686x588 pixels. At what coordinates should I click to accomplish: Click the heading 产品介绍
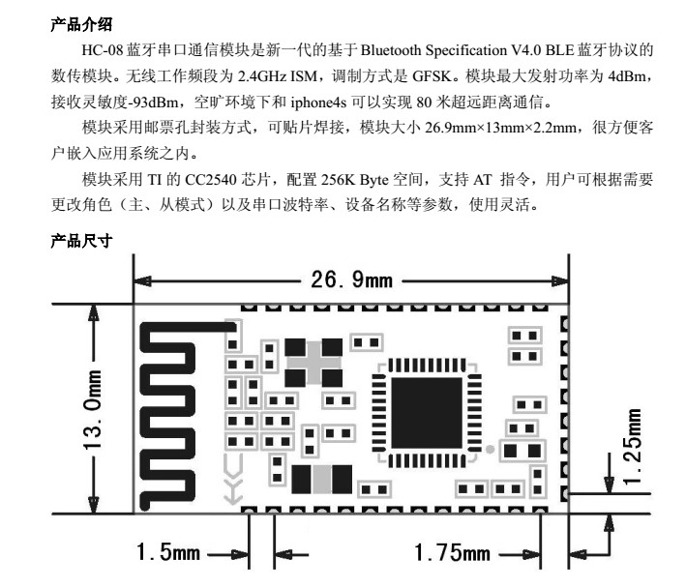click(81, 24)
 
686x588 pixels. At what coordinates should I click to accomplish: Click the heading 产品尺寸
click(81, 241)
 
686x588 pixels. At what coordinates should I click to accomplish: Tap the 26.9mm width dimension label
click(352, 279)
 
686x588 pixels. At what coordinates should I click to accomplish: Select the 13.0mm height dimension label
click(93, 410)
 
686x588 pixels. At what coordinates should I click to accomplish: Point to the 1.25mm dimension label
click(633, 446)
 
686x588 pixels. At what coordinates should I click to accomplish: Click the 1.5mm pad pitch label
click(168, 551)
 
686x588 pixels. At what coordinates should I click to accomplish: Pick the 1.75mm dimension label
click(452, 552)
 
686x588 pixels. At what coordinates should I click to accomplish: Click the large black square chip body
click(426, 413)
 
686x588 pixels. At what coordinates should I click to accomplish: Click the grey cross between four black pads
click(313, 363)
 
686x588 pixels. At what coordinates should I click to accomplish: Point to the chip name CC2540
click(211, 180)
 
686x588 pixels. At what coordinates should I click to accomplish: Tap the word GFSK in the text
click(432, 76)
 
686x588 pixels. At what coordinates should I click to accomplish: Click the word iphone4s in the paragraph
click(318, 103)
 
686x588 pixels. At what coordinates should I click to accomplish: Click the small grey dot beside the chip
click(491, 449)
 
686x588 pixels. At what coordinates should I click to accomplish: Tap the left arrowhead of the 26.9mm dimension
click(142, 281)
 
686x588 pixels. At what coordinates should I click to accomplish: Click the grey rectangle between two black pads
click(321, 479)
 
